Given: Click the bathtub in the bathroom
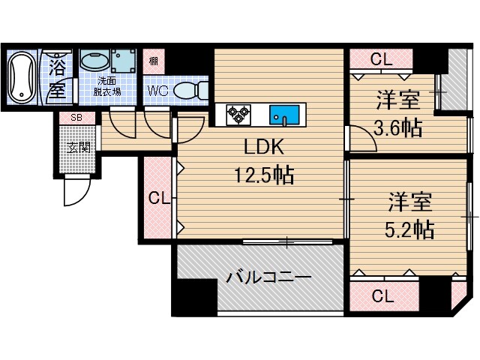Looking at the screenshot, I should point(20,77).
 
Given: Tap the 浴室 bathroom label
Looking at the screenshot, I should point(57,78).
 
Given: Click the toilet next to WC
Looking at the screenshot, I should point(187,91).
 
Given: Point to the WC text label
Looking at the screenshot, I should point(157,91).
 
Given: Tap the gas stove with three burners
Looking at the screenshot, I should point(239,115).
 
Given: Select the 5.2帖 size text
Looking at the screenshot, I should point(409,228).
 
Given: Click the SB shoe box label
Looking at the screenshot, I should point(76,118).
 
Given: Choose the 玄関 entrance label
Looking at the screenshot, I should point(78,145).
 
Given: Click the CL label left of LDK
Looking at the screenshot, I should point(156,198).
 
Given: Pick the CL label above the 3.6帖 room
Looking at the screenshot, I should point(380,59).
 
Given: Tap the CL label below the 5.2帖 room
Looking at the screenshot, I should point(382,295).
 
